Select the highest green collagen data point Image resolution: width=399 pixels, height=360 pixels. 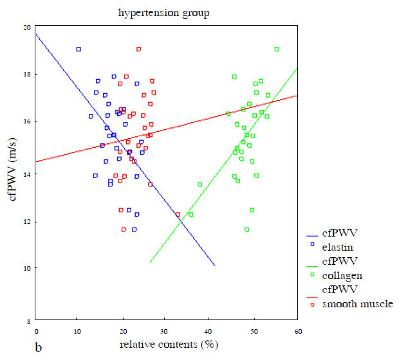(x=277, y=49)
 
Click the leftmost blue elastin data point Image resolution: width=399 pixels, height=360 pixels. (x=79, y=49)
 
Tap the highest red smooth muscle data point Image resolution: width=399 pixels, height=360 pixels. (x=139, y=49)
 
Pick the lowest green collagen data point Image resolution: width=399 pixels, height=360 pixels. (x=246, y=230)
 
